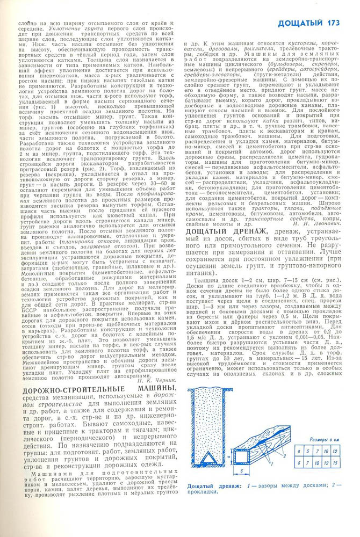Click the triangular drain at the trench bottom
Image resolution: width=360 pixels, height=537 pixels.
click(x=210, y=455)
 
